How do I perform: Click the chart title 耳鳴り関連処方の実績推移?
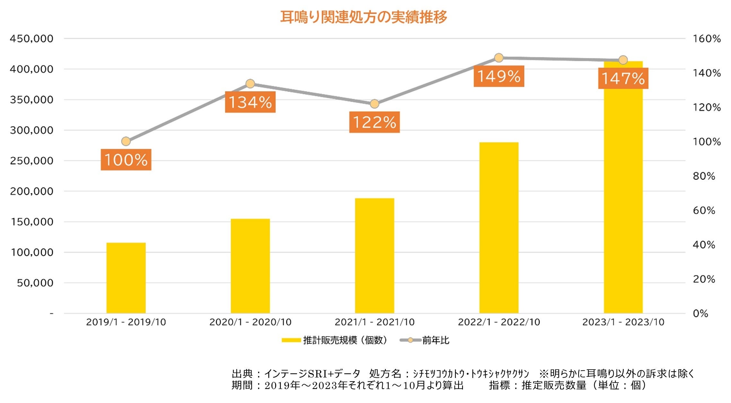pyautogui.click(x=363, y=17)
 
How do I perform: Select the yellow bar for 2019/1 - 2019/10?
pyautogui.click(x=126, y=278)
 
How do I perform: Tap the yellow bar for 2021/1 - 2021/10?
pyautogui.click(x=374, y=256)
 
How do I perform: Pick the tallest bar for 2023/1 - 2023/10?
pyautogui.click(x=623, y=192)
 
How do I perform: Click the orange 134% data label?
pyautogui.click(x=250, y=102)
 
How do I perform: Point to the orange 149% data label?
pyautogui.click(x=499, y=76)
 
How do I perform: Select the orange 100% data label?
pyautogui.click(x=126, y=160)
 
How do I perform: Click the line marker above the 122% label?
pyautogui.click(x=374, y=104)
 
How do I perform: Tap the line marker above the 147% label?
pyautogui.click(x=623, y=60)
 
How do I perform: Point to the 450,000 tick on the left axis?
pyautogui.click(x=31, y=39)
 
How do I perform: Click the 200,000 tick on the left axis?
pyautogui.click(x=31, y=191)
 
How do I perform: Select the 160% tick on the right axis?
pyautogui.click(x=707, y=39)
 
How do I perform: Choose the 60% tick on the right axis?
pyautogui.click(x=704, y=211)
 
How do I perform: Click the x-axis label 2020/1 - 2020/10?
pyautogui.click(x=250, y=322)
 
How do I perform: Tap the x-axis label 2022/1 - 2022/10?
pyautogui.click(x=499, y=322)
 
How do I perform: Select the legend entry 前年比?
pyautogui.click(x=435, y=340)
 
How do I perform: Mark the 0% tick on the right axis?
pyautogui.click(x=701, y=314)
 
